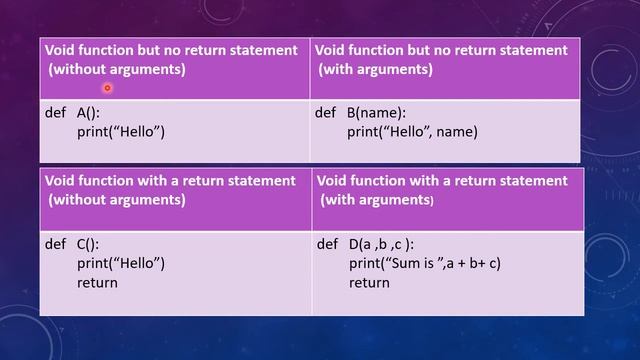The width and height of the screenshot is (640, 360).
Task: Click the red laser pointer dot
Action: (x=107, y=88)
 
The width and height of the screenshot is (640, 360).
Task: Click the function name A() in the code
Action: (x=87, y=113)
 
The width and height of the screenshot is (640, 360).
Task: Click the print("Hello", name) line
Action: (x=413, y=131)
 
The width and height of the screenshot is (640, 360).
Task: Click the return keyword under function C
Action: (x=97, y=282)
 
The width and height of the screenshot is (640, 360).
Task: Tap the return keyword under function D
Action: (x=369, y=283)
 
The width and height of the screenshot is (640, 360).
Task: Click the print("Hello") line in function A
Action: (x=120, y=131)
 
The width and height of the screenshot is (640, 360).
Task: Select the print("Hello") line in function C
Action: (x=120, y=264)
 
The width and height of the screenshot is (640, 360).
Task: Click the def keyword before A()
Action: (x=55, y=113)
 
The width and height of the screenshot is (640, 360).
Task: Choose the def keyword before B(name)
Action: (x=325, y=113)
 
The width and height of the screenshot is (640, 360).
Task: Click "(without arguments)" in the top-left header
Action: (x=117, y=69)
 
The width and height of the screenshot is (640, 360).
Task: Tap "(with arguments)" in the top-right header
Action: (x=376, y=69)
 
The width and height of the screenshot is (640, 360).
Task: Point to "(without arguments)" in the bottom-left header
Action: (x=117, y=199)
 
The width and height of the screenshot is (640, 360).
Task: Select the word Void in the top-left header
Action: (x=62, y=50)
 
